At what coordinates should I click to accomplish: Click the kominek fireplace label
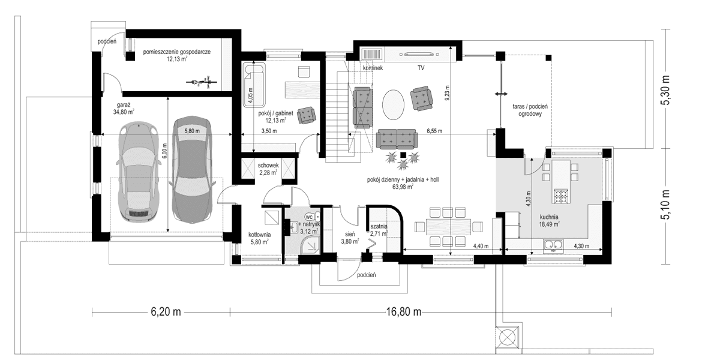click(373, 68)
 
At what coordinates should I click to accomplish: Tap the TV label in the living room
click(421, 68)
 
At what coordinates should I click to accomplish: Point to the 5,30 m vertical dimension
click(665, 89)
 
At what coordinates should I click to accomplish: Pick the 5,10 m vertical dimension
click(665, 206)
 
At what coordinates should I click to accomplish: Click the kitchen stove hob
click(561, 196)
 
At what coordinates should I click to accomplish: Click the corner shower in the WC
click(308, 244)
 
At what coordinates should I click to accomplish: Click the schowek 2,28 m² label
click(268, 169)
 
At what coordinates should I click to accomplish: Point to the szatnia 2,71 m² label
click(379, 230)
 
